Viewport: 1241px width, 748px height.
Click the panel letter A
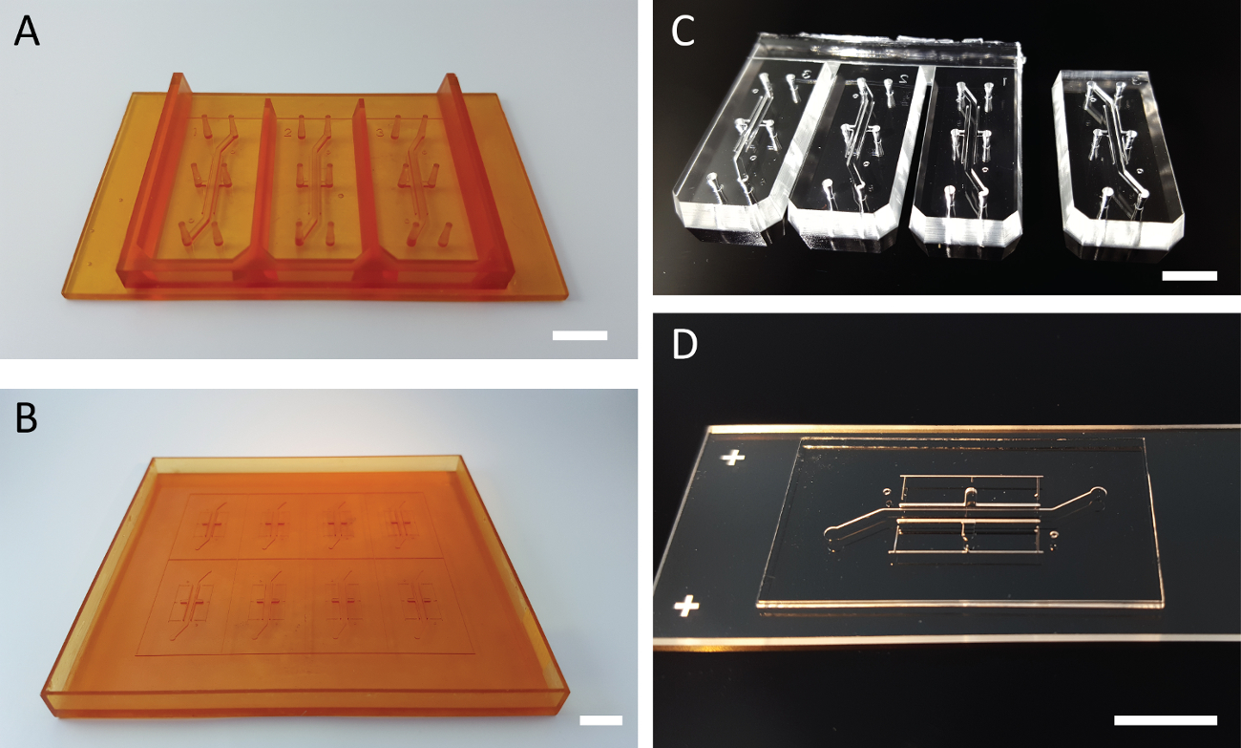[x=27, y=32]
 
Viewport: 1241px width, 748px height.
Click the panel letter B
[x=26, y=418]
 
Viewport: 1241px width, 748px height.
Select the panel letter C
[x=684, y=32]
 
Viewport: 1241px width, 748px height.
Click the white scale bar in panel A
[x=579, y=335]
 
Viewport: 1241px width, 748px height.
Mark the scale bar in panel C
[x=1189, y=275]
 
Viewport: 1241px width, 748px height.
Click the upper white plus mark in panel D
[x=732, y=458]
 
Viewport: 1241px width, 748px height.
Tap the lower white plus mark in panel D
[x=688, y=606]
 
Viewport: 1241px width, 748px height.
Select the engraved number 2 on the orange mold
[x=288, y=132]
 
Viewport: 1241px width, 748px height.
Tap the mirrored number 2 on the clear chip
[x=902, y=78]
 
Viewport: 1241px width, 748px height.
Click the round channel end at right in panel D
[x=1098, y=492]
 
